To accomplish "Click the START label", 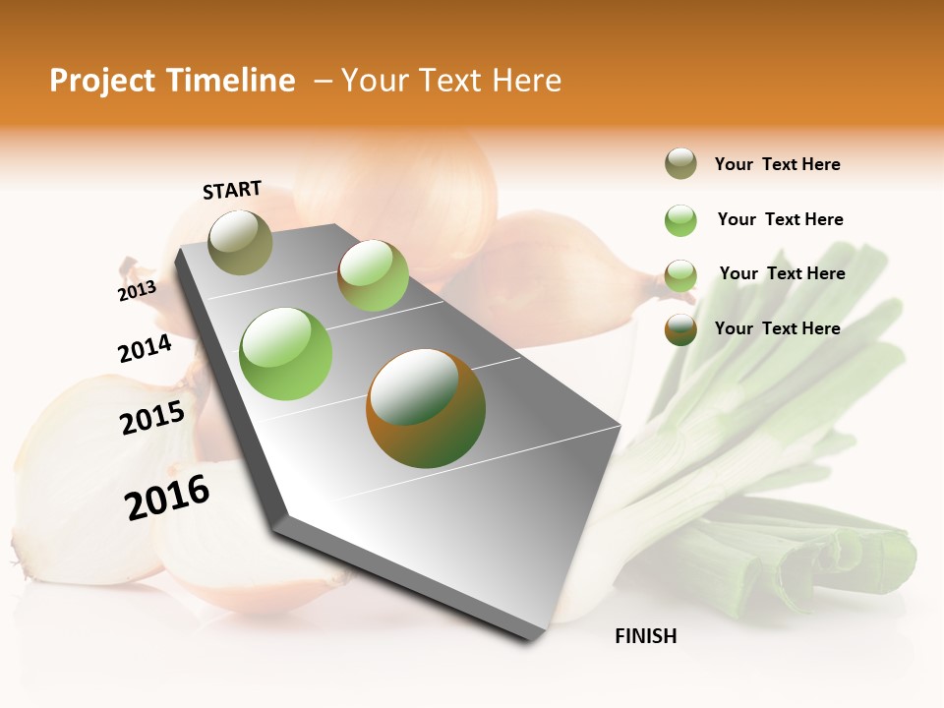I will point(232,190).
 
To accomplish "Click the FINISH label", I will point(645,636).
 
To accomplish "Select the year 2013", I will point(137,291).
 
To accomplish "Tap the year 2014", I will point(145,349).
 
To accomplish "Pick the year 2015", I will point(151,418).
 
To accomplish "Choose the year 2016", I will point(167,498).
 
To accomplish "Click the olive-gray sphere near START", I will point(241,242).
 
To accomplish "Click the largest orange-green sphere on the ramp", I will point(426,408).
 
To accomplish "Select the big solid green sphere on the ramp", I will point(286,354).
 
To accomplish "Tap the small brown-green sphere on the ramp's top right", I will point(373,275).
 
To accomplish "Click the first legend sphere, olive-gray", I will point(680,164).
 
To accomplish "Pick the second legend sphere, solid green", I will point(680,220).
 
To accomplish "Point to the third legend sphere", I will point(680,275).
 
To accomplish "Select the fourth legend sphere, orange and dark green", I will point(680,329).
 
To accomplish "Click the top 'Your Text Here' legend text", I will point(777,164).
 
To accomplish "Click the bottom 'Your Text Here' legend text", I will point(777,328).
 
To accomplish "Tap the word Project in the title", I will point(101,81).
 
